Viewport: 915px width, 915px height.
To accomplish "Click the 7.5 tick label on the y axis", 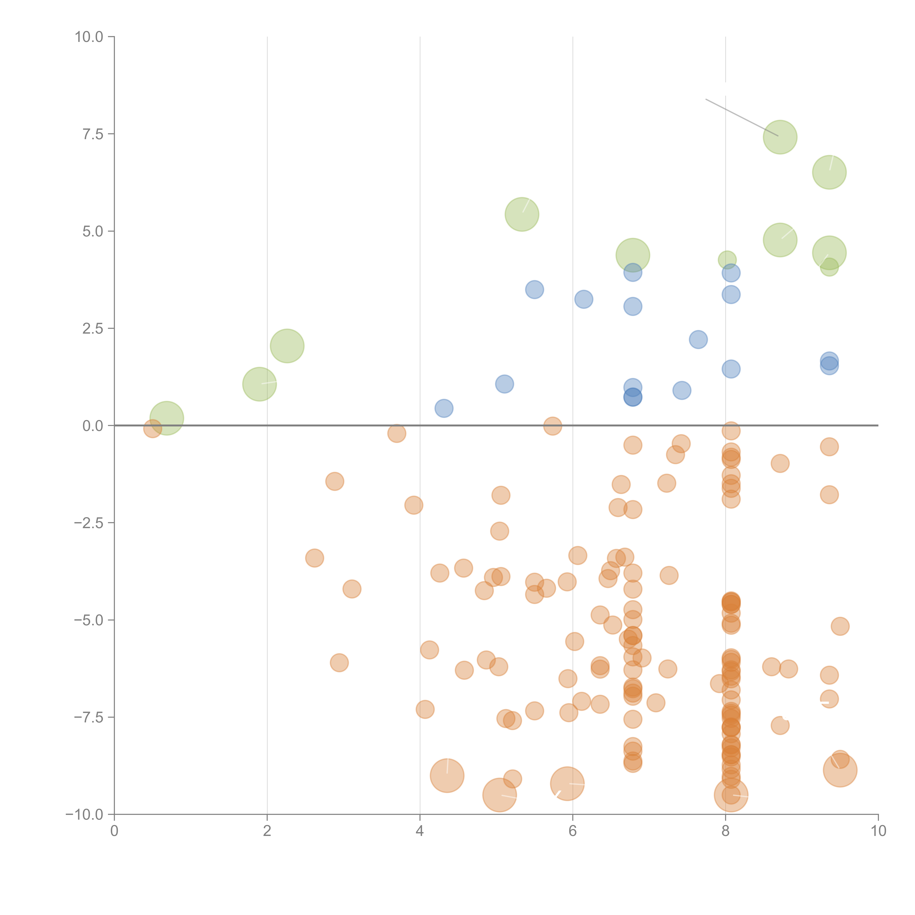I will (x=93, y=134).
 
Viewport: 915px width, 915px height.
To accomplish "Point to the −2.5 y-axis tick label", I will (x=89, y=523).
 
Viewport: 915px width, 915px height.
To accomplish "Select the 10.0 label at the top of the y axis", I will (x=89, y=37).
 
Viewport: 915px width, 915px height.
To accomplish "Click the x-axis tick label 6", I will (x=573, y=831).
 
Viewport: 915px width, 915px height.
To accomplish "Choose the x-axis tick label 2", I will (x=267, y=831).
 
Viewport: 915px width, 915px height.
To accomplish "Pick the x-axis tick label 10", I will (x=878, y=831).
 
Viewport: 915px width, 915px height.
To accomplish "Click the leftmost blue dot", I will (x=444, y=408).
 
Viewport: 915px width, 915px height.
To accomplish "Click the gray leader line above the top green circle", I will (x=742, y=117).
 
